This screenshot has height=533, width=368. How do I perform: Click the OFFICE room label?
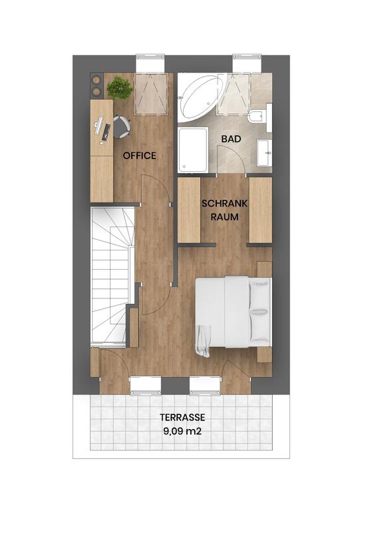pyautogui.click(x=140, y=156)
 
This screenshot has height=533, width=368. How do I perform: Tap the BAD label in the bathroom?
pyautogui.click(x=231, y=139)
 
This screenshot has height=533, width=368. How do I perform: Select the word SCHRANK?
pyautogui.click(x=224, y=204)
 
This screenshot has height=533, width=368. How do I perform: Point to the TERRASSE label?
pyautogui.click(x=182, y=417)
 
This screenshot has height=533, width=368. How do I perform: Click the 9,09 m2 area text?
pyautogui.click(x=182, y=431)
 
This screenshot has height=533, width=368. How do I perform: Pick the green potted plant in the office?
pyautogui.click(x=119, y=88)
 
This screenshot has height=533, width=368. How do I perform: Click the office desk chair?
pyautogui.click(x=121, y=127)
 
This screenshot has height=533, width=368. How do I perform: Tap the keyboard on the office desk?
pyautogui.click(x=106, y=133)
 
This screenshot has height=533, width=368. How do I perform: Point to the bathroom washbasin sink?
pyautogui.click(x=264, y=153)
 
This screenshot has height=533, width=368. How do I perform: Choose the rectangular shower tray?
pyautogui.click(x=193, y=150)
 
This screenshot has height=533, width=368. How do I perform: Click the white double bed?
pyautogui.click(x=234, y=312)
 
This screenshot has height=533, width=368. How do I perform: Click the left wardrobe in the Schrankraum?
pyautogui.click(x=189, y=210)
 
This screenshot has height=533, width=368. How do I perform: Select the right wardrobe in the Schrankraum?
pyautogui.click(x=261, y=210)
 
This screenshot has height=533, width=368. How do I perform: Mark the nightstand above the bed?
pyautogui.click(x=264, y=269)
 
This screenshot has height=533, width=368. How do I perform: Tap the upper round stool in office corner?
pyautogui.click(x=96, y=80)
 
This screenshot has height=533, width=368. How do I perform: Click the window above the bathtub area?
pyautogui.click(x=247, y=63)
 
